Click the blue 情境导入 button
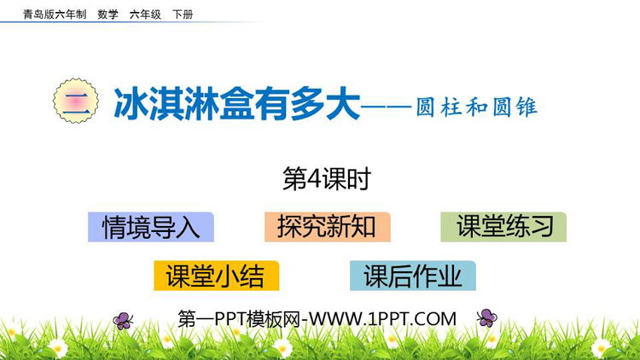pos(150,227)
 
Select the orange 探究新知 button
pos(327,227)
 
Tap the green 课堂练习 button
pos(504,227)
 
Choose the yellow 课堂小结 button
pos(215,276)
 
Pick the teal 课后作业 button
pos(412,276)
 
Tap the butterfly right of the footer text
pos(486,318)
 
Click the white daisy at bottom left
pos(57,347)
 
